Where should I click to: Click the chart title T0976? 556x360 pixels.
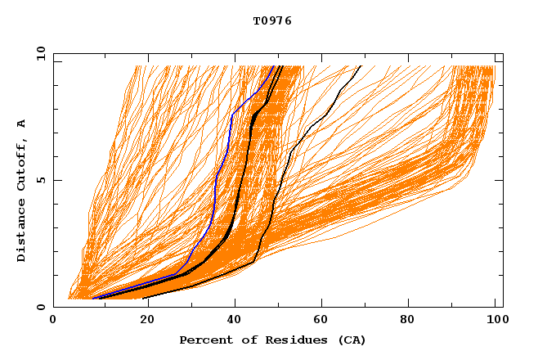pyautogui.click(x=272, y=21)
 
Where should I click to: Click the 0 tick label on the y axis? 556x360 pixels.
pyautogui.click(x=40, y=307)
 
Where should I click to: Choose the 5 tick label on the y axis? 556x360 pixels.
pyautogui.click(x=40, y=180)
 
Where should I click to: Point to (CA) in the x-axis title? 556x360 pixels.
pyautogui.click(x=349, y=340)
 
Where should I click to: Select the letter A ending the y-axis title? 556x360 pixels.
pyautogui.click(x=22, y=123)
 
